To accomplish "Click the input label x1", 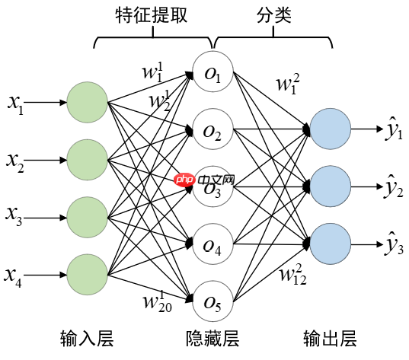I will click(x=16, y=103).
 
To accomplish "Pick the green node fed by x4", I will click(x=88, y=275).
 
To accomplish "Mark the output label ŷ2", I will click(x=394, y=187).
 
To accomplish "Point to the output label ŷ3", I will click(x=394, y=245).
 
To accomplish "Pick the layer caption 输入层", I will click(x=87, y=339).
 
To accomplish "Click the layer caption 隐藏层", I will click(x=213, y=339).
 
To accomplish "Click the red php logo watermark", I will click(x=181, y=182).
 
